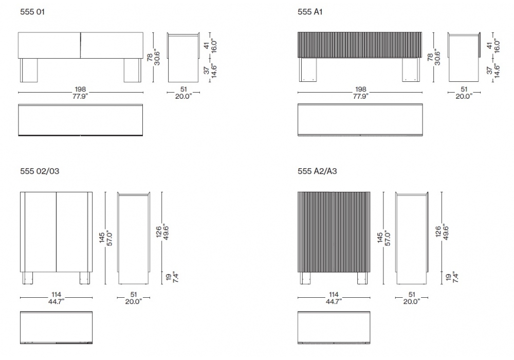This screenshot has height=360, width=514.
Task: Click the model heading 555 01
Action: pos(32,12)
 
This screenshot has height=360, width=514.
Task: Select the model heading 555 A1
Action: pos(310,12)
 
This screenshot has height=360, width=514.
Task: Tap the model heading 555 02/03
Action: pos(40,171)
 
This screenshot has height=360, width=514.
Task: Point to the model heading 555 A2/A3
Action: pos(317,171)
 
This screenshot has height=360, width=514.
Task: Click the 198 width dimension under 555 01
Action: pos(80,89)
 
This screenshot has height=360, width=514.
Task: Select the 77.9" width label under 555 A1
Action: pos(360,96)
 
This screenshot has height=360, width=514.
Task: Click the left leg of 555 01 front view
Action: pos(29,70)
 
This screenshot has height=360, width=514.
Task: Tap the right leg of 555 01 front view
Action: pos(133,70)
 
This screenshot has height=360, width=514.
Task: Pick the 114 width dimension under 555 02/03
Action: pos(57,294)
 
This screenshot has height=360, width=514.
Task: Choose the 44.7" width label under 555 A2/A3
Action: pos(334,302)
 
